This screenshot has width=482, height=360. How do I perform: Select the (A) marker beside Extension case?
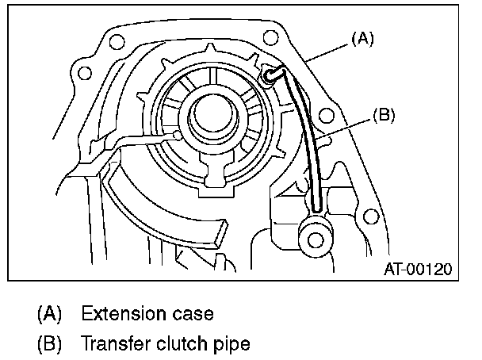48,313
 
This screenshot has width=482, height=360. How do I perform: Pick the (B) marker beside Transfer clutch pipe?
48,344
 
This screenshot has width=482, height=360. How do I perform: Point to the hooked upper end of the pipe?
272,75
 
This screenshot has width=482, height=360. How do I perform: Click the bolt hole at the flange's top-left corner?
80,72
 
